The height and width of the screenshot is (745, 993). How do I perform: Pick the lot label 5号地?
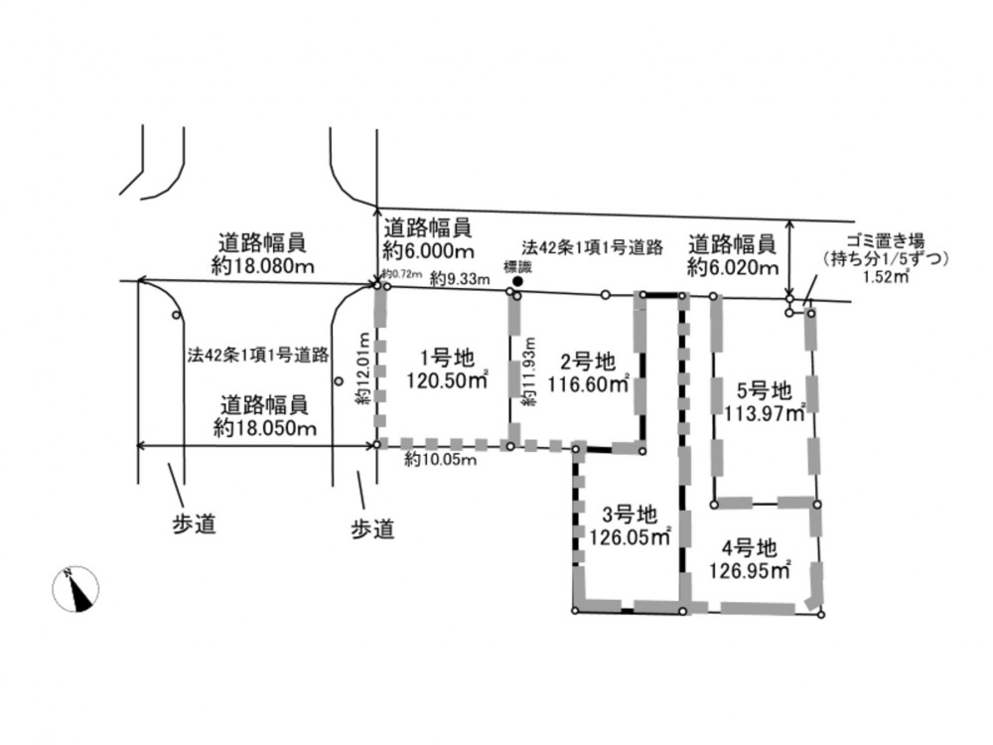coord(765,389)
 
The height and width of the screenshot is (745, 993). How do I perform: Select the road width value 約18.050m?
coord(264,427)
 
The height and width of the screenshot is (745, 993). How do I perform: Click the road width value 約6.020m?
coord(732,266)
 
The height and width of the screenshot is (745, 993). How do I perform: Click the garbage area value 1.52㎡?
coord(888,277)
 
